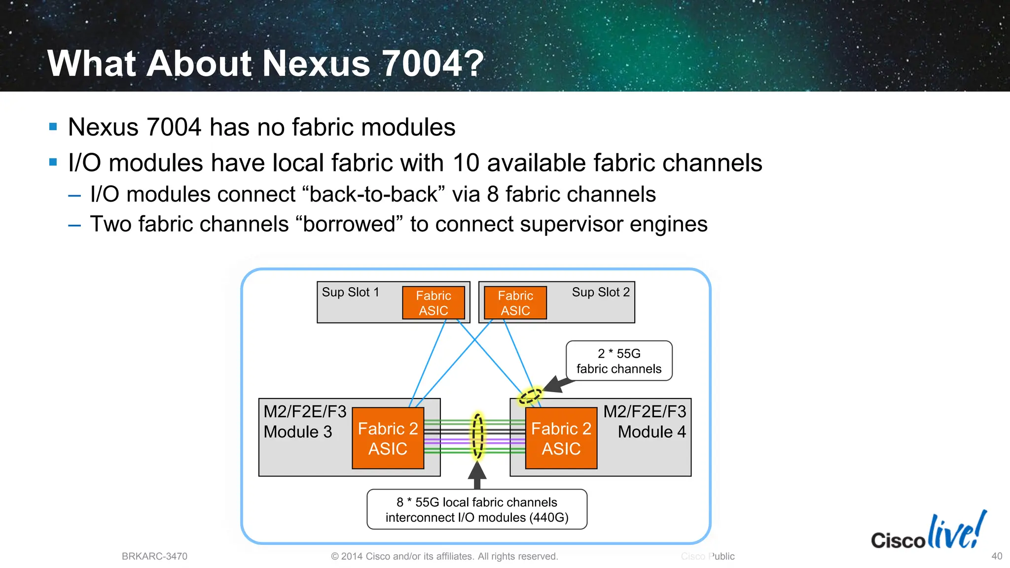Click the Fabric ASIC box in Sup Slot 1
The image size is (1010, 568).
(433, 303)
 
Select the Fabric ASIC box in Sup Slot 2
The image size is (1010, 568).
(515, 303)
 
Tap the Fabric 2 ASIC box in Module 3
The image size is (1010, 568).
(388, 438)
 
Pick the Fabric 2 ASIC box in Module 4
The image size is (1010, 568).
(561, 438)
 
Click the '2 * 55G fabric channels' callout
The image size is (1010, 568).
(619, 361)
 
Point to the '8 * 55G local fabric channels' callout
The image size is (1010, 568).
(477, 509)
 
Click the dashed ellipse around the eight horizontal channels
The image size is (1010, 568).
(477, 436)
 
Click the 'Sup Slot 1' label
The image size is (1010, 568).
(351, 293)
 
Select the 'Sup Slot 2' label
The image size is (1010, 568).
(601, 293)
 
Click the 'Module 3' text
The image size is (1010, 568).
(298, 432)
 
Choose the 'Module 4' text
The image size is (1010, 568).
(652, 432)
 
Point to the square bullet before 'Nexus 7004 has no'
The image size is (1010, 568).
(53, 127)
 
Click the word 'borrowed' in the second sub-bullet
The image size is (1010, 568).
(349, 224)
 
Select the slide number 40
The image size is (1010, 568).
(997, 556)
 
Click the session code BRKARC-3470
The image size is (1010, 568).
(154, 557)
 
